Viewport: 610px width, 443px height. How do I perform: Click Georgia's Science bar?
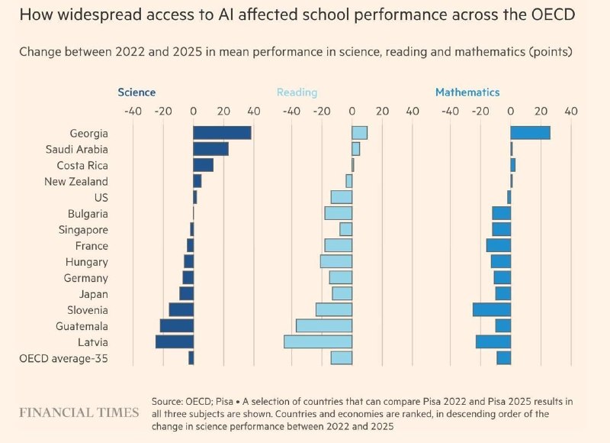(222, 133)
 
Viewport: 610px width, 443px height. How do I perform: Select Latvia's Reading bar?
(318, 341)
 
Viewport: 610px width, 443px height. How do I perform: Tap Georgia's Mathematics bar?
(530, 133)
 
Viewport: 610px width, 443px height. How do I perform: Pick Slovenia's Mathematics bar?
(492, 310)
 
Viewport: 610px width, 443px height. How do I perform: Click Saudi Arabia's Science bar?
(211, 149)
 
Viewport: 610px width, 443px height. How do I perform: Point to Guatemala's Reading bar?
(324, 325)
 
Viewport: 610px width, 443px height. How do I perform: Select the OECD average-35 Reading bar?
(342, 358)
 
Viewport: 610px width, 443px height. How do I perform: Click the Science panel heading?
(136, 92)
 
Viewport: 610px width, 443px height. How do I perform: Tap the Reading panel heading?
(297, 92)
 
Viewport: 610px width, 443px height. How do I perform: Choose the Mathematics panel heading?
(467, 92)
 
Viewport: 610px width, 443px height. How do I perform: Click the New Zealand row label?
(76, 182)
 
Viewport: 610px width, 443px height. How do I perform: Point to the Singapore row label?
(83, 230)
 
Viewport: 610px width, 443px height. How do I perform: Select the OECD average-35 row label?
(63, 358)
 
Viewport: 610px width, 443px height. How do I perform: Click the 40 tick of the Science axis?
(254, 112)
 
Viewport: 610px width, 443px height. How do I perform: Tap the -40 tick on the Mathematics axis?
(450, 112)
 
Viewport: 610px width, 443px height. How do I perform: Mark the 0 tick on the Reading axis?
(352, 112)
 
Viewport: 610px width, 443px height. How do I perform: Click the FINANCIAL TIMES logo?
(79, 412)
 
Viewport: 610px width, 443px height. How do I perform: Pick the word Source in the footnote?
(165, 401)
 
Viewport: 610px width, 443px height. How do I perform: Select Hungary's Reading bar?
(336, 261)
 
